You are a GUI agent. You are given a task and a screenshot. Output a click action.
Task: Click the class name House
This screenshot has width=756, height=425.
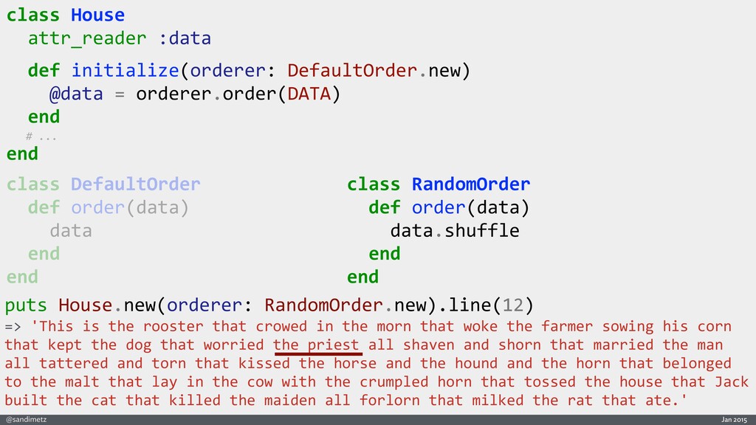(x=97, y=15)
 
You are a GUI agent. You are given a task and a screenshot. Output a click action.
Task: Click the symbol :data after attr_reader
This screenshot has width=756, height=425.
(x=185, y=38)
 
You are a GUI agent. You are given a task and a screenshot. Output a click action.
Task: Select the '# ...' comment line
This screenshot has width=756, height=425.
(x=41, y=137)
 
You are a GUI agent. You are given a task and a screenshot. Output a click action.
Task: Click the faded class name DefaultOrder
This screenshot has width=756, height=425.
(x=135, y=184)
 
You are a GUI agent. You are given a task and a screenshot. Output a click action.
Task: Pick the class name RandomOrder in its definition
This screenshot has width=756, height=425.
(x=470, y=184)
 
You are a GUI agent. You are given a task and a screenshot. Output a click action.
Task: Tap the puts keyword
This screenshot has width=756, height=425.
(x=27, y=305)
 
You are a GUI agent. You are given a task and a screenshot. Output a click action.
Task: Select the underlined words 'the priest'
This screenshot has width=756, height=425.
(x=316, y=345)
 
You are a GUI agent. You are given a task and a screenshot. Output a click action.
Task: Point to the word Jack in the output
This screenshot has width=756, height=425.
(x=731, y=381)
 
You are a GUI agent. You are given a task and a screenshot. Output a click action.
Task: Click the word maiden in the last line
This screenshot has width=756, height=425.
(x=289, y=400)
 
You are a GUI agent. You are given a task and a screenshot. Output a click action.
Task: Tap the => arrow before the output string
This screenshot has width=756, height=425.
(x=13, y=326)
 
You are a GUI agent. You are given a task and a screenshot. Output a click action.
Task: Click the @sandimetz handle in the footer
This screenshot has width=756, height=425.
(x=26, y=419)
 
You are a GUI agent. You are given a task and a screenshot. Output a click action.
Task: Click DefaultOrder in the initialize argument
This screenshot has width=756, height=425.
(x=353, y=71)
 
